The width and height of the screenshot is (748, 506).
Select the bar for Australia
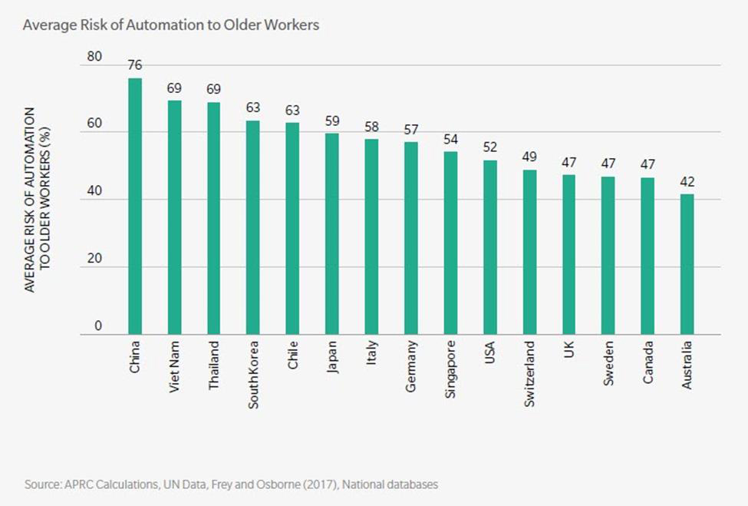[687, 264]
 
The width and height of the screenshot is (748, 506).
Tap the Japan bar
[332, 234]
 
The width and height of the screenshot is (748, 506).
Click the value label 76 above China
[135, 66]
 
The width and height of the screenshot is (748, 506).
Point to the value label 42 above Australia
[687, 182]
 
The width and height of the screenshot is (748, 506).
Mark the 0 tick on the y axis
[97, 326]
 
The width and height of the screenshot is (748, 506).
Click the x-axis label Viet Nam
[175, 366]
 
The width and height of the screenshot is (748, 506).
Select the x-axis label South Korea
[253, 374]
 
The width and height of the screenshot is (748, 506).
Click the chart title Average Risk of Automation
[170, 25]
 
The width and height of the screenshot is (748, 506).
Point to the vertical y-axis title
[36, 199]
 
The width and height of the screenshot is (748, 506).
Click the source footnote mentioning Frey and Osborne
[231, 485]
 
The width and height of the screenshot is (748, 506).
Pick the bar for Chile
[292, 229]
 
